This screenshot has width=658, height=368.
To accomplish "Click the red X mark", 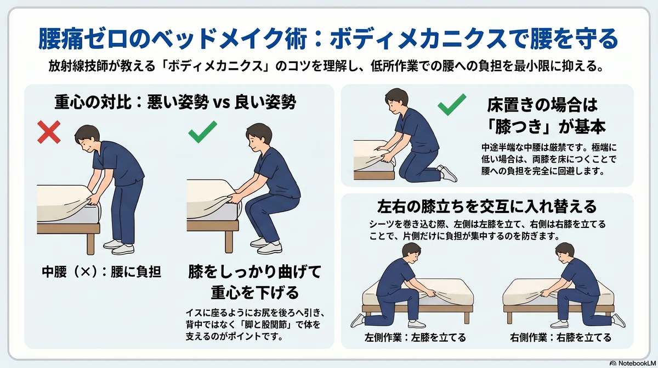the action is pos(49,132).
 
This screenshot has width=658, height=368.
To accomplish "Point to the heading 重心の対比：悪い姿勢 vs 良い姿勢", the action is pos(175,102).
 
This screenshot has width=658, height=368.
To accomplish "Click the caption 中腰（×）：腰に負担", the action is pos(101,272).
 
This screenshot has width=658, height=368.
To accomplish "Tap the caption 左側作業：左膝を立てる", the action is pos(416,337).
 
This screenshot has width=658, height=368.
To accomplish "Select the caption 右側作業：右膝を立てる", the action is pos(561,337).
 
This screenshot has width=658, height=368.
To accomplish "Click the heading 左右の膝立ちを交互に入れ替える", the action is pos(487,207).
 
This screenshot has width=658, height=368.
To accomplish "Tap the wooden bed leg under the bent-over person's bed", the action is pos(91,244).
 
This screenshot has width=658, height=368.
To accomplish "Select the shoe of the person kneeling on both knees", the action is pos(447,174).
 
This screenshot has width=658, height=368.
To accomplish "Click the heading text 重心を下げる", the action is pos(255,293).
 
